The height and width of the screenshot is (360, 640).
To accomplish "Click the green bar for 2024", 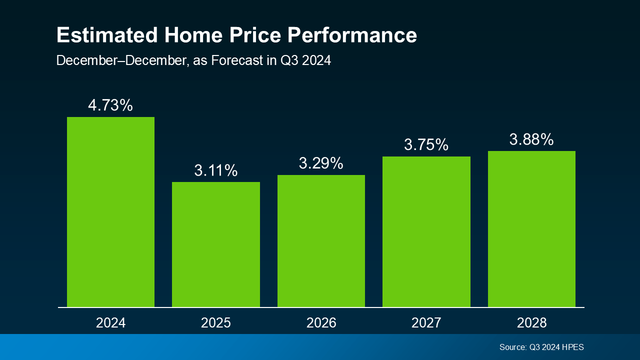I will pos(110,212).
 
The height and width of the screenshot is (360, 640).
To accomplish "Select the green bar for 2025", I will pos(216,244).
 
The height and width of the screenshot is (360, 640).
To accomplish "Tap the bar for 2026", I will pos(321,241).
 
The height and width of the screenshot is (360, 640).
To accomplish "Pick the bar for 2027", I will pos(426,231).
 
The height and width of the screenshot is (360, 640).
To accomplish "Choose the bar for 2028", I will pos(531,229).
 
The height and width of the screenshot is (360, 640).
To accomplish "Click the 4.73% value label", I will pos(110,105).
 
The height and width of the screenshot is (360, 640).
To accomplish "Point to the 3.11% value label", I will pos(216,170).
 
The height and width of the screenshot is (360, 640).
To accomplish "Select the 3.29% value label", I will pos(321,163).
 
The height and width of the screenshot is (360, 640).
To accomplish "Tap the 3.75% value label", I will pos(426,145).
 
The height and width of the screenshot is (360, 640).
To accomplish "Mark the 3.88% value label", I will pos(531,139).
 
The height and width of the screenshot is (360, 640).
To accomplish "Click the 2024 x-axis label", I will pos(110,323).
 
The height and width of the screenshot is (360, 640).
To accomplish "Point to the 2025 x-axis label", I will pos(216,323).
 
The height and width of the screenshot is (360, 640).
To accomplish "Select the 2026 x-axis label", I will pos(321,323).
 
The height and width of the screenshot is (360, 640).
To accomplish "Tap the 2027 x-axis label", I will pos(426,323).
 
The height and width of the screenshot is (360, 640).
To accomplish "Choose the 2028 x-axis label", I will pos(531,323).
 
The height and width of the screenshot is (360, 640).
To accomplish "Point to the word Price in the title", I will pos(249,35).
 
